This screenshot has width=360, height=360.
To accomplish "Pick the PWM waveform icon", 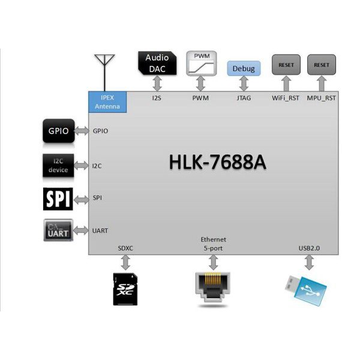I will (200, 63).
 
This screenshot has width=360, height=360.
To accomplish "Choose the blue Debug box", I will (243, 68).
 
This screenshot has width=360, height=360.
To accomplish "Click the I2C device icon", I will (58, 165).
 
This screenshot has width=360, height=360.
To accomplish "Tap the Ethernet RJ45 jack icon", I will (212, 288).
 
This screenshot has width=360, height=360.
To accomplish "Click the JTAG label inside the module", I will (243, 98).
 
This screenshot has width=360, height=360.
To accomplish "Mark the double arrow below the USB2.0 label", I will (310, 262).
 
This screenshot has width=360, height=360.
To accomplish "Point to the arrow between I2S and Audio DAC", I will (158, 84).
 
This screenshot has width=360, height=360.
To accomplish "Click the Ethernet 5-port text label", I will (213, 244).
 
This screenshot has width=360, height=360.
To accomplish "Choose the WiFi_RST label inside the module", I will (286, 98).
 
